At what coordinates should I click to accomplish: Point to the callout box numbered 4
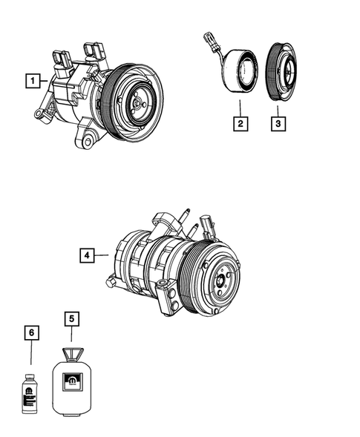(87, 256)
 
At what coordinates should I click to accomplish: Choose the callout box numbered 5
(72, 321)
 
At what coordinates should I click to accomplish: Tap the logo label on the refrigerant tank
(73, 382)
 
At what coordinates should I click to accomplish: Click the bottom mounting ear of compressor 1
(90, 139)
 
